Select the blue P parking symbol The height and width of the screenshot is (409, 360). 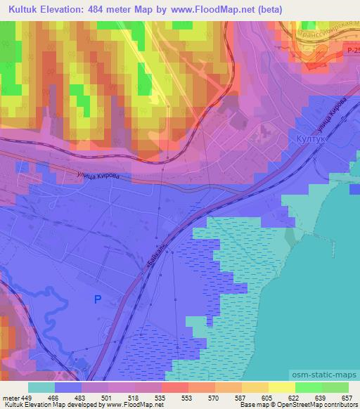[x=98, y=300]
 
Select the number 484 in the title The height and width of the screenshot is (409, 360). [x=106, y=9]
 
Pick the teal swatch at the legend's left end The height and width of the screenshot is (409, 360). [x=41, y=387]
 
